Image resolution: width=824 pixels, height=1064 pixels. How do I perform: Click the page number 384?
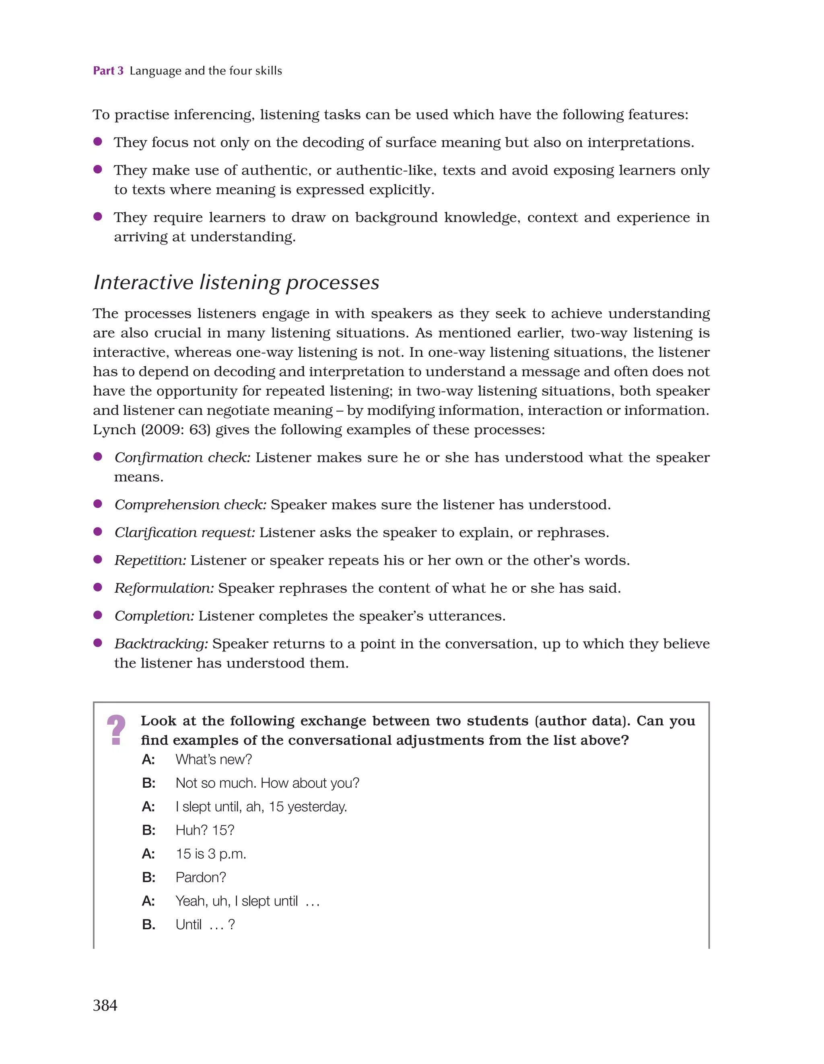tap(105, 1005)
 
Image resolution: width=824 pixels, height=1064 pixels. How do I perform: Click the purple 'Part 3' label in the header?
tap(108, 71)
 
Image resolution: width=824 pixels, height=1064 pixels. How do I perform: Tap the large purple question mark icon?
tap(116, 729)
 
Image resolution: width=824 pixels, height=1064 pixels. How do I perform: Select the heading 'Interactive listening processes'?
tap(236, 283)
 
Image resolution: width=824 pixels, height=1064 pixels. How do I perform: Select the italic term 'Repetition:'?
tap(150, 560)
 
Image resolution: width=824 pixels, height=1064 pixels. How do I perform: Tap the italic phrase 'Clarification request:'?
tap(184, 532)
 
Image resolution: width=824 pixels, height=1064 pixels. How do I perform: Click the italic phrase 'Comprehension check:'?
tap(190, 505)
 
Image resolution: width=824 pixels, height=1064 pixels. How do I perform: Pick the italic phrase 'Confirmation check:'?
tap(182, 458)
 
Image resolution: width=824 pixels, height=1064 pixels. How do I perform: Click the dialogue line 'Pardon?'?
tap(200, 877)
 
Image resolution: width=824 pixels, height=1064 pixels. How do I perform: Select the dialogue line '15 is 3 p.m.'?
tap(211, 854)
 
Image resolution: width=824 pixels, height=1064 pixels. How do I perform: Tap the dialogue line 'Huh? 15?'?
tap(205, 830)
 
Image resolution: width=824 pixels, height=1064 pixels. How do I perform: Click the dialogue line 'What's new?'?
tap(214, 760)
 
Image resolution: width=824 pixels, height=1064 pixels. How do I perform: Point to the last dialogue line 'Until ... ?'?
tap(205, 925)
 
